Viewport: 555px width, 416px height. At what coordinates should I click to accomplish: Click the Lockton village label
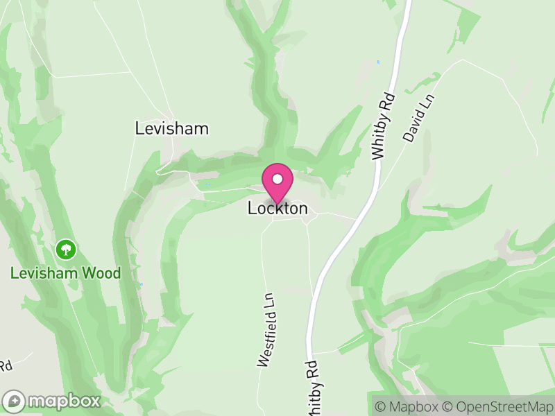pos(277,209)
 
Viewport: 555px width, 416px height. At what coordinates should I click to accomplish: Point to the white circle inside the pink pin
pos(277,179)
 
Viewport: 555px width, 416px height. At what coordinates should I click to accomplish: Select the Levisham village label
pos(172,129)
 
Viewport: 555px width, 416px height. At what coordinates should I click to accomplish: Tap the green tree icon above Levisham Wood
pos(66,249)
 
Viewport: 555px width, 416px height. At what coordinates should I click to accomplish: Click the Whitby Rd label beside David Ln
pos(382,126)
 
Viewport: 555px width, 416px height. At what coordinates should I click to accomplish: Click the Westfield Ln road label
pos(267,329)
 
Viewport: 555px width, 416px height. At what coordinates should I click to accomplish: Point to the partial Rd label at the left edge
pos(6,365)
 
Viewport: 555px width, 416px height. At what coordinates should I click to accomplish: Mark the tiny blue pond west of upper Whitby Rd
pos(378,62)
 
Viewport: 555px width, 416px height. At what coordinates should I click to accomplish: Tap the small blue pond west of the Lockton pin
pos(207,185)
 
